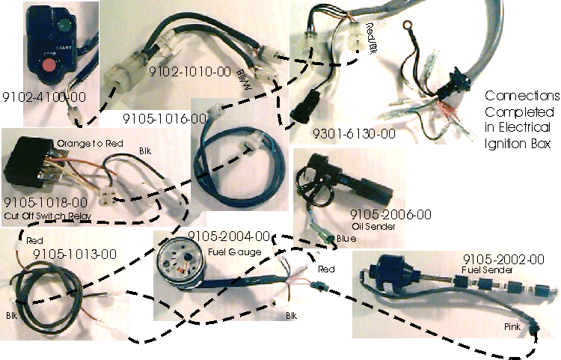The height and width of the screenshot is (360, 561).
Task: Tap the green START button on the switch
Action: (64, 25)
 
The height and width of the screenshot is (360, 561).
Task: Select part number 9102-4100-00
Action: (44, 97)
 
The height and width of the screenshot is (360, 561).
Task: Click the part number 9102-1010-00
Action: (190, 72)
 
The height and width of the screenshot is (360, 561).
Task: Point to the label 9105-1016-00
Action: (165, 118)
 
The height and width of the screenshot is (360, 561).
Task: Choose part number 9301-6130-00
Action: (355, 134)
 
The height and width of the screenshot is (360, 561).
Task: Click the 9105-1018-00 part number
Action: (46, 203)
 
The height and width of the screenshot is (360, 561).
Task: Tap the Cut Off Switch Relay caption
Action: (48, 216)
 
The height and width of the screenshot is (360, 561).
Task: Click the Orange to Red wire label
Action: (91, 144)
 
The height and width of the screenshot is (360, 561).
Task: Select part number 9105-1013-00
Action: (75, 254)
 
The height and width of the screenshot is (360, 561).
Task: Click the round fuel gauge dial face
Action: (180, 263)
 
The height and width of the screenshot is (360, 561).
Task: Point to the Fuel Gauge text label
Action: (234, 252)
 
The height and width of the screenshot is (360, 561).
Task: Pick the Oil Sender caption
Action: (373, 227)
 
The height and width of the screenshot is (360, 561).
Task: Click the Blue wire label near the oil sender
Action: (346, 239)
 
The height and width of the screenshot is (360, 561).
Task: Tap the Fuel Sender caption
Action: (487, 270)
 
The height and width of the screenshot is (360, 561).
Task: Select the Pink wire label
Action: (512, 326)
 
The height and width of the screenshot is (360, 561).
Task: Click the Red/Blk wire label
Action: (371, 38)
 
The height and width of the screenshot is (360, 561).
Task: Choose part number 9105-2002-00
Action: (503, 259)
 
